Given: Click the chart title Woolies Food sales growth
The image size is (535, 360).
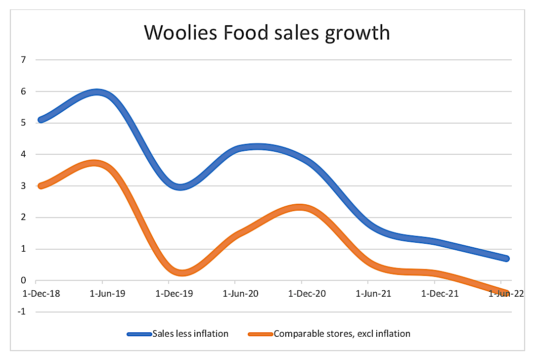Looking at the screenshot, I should (x=267, y=33).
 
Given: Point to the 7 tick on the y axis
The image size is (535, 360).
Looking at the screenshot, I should (x=23, y=60).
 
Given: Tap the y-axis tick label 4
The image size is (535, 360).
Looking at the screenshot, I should (x=23, y=154).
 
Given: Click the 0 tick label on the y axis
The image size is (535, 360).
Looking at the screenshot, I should (x=23, y=280).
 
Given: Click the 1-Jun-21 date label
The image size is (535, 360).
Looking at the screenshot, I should (x=368, y=294).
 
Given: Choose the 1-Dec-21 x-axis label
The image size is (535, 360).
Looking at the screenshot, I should (x=434, y=294).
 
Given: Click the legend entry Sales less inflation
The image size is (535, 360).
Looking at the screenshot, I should (x=190, y=334).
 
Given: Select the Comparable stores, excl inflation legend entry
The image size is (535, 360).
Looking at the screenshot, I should (x=342, y=334).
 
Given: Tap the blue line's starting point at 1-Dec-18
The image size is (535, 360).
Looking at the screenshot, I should (x=41, y=120).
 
